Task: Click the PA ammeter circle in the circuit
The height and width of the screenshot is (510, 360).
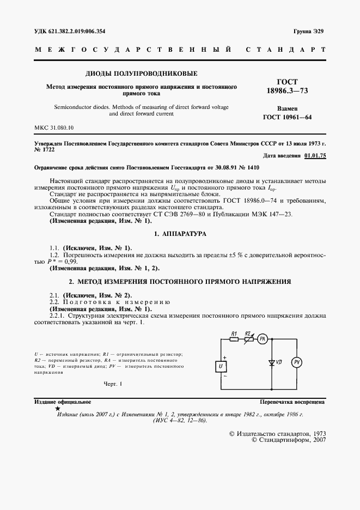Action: click(261, 339)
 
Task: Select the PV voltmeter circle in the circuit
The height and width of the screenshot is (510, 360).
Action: click(297, 362)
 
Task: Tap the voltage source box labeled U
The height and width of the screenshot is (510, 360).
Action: click(221, 367)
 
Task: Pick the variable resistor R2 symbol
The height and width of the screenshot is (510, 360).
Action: click(247, 339)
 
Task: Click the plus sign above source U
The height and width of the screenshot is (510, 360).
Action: click(224, 356)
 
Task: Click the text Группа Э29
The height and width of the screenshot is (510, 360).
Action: click(309, 32)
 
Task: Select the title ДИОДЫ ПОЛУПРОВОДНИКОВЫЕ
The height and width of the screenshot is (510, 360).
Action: click(141, 73)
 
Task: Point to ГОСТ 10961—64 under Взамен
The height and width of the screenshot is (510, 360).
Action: click(287, 117)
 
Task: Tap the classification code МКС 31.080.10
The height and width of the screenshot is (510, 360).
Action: click(54, 127)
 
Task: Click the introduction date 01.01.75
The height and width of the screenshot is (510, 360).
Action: click(314, 155)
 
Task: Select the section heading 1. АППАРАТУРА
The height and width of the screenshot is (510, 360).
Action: click(180, 233)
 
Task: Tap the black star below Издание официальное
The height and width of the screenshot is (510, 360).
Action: click(58, 408)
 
